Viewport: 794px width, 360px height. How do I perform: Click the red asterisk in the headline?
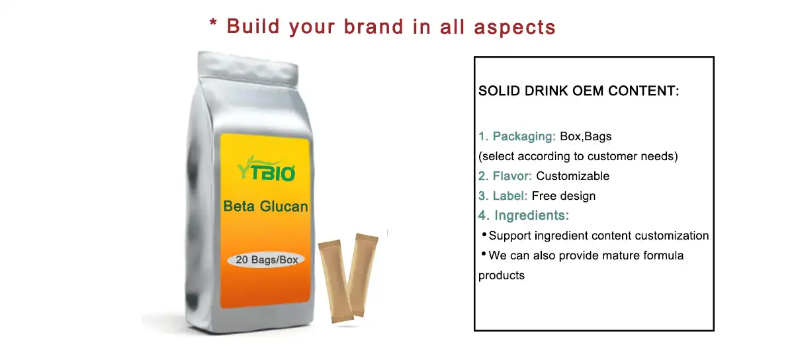pyautogui.click(x=214, y=24)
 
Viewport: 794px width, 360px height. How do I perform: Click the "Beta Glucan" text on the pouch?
pyautogui.click(x=265, y=206)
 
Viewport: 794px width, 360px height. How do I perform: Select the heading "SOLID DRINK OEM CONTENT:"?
pyautogui.click(x=579, y=91)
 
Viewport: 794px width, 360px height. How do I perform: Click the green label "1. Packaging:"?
pyautogui.click(x=517, y=137)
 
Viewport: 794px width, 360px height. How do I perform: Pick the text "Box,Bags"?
pyautogui.click(x=586, y=137)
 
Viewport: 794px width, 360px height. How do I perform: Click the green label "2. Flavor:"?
pyautogui.click(x=506, y=176)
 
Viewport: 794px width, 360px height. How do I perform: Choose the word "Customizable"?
pyautogui.click(x=572, y=176)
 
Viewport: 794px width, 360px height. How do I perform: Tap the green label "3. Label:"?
pyautogui.click(x=503, y=196)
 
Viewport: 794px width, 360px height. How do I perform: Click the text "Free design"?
pyautogui.click(x=564, y=196)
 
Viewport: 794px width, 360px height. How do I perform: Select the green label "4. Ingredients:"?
pyautogui.click(x=523, y=216)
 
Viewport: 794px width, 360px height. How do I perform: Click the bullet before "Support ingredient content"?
pyautogui.click(x=484, y=234)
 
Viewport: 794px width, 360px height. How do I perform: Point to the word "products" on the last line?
pyautogui.click(x=502, y=275)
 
